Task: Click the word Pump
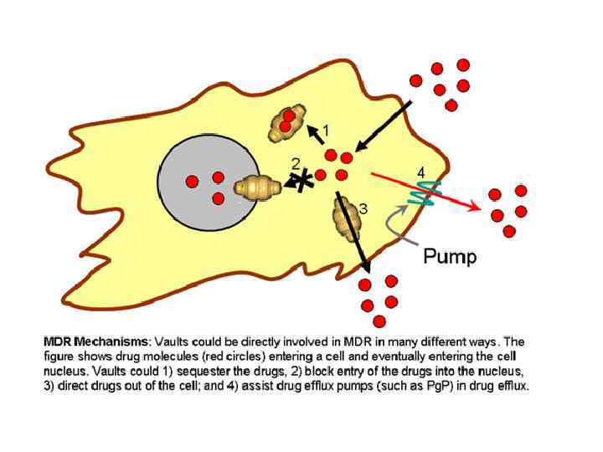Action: [x=450, y=255]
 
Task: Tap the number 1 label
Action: [x=326, y=131]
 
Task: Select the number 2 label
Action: [x=295, y=162]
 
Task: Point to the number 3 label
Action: [x=363, y=208]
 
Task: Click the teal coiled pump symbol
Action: [x=425, y=195]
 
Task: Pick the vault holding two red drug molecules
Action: [x=286, y=124]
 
